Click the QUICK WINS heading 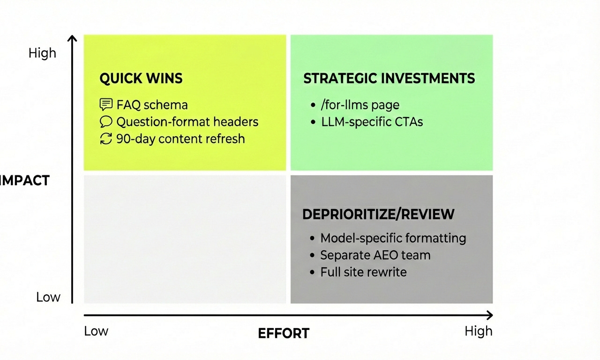tap(141, 78)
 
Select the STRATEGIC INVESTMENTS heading tap(389, 78)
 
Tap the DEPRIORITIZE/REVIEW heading tap(378, 214)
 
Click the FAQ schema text tap(152, 105)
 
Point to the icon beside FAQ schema tap(106, 105)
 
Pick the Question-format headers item tap(187, 122)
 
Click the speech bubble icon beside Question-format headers tap(106, 122)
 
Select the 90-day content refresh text tap(180, 139)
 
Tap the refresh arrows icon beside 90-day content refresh tap(106, 139)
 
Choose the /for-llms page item tap(360, 105)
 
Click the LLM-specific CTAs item tap(372, 122)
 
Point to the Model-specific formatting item tap(393, 238)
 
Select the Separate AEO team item tap(375, 255)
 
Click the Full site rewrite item tap(363, 272)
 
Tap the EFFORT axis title tap(284, 333)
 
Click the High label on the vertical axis tap(42, 53)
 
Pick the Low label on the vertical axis tap(48, 297)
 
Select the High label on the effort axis tap(478, 331)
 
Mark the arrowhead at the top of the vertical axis tap(72, 38)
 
